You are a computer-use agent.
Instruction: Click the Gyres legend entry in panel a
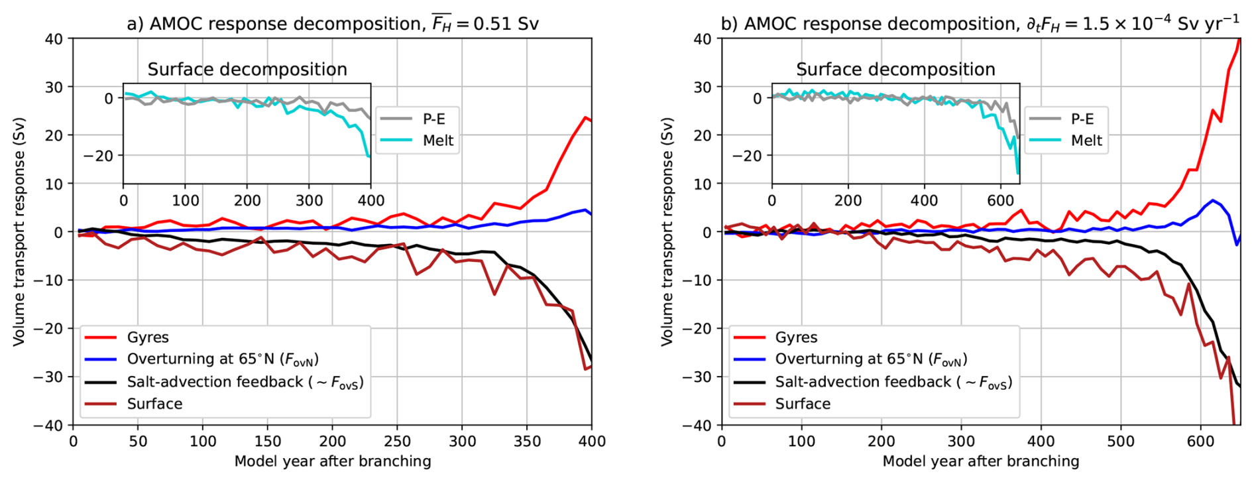click(148, 337)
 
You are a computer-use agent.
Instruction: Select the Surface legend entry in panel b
click(802, 404)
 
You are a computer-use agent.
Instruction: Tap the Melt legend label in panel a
click(438, 141)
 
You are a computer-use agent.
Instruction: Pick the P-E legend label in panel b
click(1082, 119)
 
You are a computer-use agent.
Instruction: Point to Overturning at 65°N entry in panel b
click(871, 359)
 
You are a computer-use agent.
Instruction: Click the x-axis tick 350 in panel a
click(527, 441)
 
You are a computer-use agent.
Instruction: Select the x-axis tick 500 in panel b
click(1121, 441)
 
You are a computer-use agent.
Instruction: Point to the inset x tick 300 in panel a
click(309, 200)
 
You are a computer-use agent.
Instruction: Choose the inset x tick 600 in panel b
click(1001, 200)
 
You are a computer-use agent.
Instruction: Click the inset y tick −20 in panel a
click(98, 156)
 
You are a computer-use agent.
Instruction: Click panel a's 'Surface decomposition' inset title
click(247, 70)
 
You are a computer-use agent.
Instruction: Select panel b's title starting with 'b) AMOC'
click(980, 23)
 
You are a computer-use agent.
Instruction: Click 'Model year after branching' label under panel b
click(980, 461)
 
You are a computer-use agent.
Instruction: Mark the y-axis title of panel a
click(19, 232)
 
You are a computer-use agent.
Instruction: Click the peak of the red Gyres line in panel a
click(585, 117)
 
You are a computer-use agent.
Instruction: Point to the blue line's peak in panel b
click(1213, 200)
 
